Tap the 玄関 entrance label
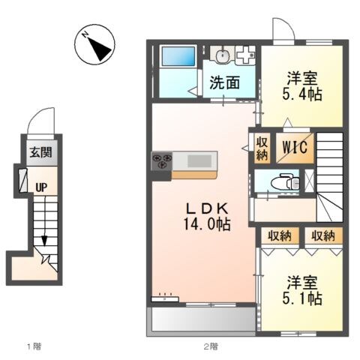[x=40, y=153]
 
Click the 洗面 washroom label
[x=224, y=83]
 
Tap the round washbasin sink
[x=222, y=55]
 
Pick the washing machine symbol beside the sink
[x=244, y=55]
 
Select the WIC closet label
[x=294, y=148]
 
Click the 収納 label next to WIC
[x=262, y=148]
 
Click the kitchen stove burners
[x=162, y=160]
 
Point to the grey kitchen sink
[x=199, y=160]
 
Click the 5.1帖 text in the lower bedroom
[x=304, y=298]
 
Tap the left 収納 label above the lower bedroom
[x=280, y=236]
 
